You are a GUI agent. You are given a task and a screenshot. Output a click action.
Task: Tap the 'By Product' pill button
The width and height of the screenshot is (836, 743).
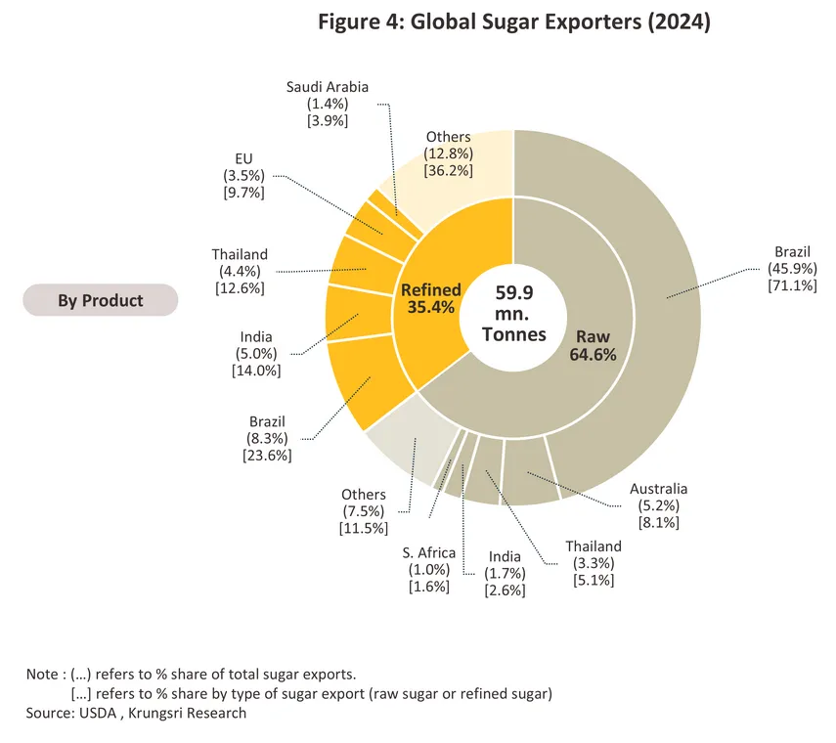(100, 300)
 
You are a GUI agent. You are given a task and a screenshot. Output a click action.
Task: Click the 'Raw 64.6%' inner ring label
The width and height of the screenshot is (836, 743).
(593, 345)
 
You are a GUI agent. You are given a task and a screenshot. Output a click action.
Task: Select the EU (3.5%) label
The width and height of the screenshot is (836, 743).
(243, 175)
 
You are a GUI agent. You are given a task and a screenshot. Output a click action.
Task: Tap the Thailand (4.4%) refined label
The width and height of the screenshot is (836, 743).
(239, 271)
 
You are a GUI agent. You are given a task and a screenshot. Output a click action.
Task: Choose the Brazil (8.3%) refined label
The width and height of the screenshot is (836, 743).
(267, 437)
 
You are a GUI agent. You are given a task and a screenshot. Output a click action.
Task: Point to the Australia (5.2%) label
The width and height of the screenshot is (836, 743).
(658, 505)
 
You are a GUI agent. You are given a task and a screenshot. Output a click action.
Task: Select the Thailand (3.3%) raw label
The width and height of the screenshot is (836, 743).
(593, 563)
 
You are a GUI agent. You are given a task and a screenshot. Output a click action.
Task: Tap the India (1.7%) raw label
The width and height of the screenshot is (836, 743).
(506, 573)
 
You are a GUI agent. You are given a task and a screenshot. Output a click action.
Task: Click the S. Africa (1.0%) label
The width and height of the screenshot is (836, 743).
(429, 569)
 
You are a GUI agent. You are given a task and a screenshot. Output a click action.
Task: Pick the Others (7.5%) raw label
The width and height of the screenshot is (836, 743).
(363, 511)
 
